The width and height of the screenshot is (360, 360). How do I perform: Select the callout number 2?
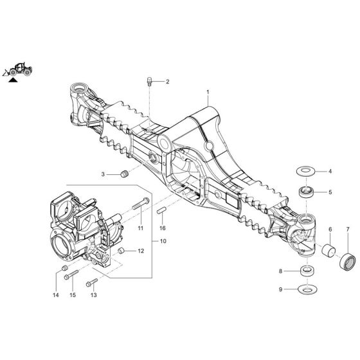click(x=167, y=82)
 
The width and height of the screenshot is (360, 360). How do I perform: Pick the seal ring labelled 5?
click(x=305, y=190)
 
